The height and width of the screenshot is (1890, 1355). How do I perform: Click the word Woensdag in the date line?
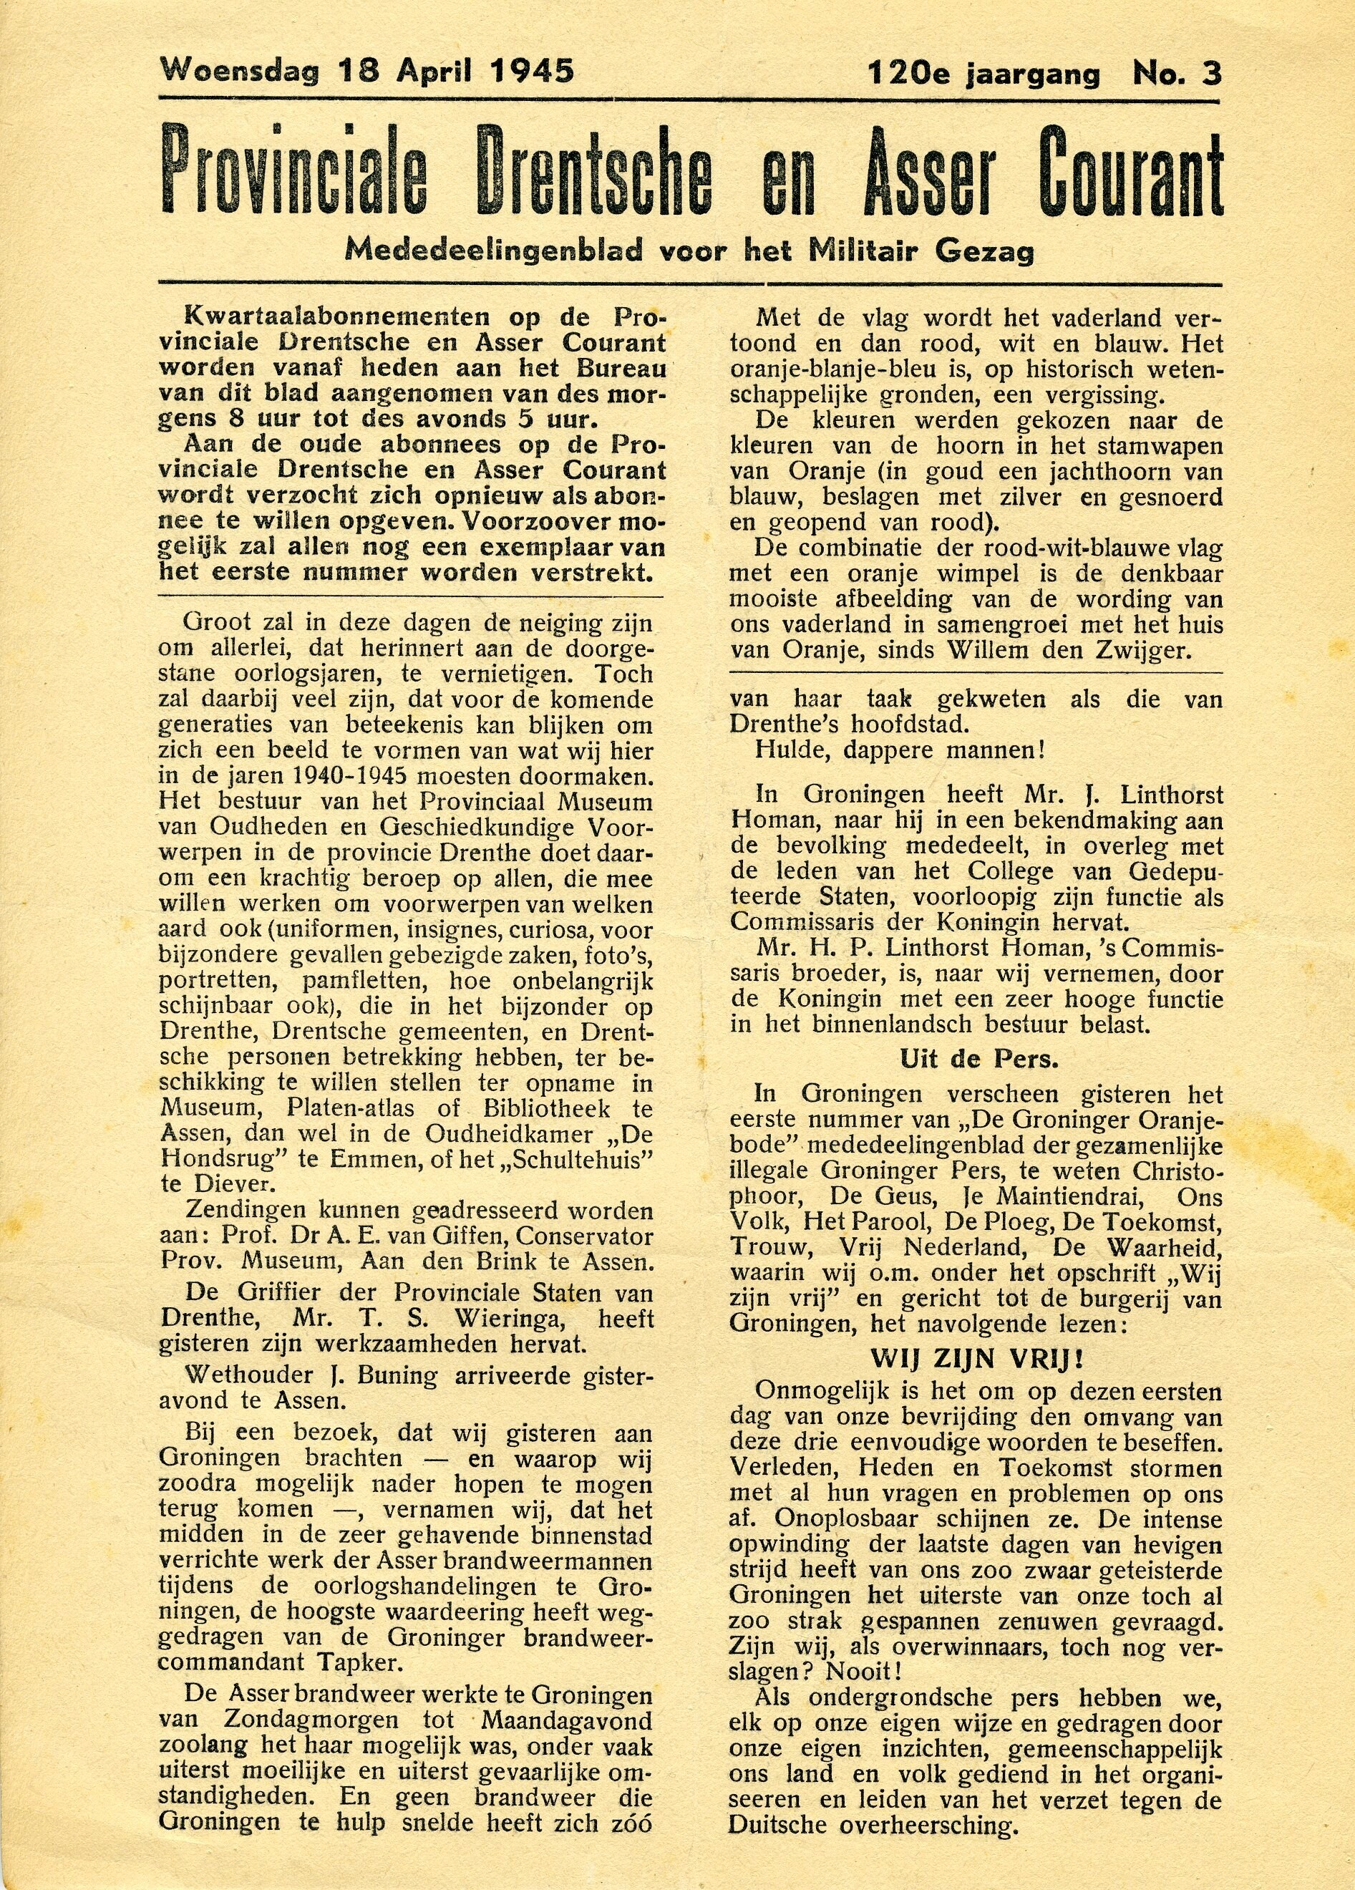click(239, 71)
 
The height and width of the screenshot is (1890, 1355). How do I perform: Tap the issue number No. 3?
click(1177, 74)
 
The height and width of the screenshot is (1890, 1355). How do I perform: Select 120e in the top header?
click(909, 74)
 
